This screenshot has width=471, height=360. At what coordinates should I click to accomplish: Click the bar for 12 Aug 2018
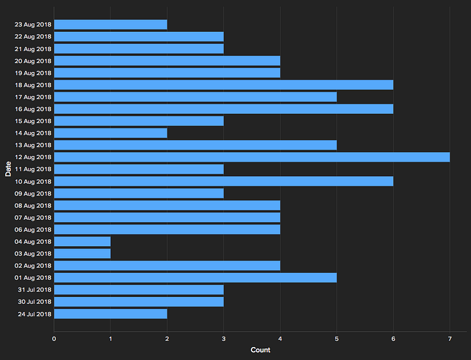point(252,157)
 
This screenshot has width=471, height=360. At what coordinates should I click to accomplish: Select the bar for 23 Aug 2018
point(111,25)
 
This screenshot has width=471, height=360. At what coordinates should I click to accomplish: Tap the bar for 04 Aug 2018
point(82,242)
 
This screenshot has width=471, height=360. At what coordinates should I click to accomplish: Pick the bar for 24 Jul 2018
point(111,314)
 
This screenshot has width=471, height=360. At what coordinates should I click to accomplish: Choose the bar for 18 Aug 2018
point(224,85)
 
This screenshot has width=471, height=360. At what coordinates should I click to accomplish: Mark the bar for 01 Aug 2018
point(195,278)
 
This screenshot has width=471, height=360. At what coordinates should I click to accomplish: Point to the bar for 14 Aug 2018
point(111,133)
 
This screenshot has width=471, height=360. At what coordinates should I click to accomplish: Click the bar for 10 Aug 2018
point(224,181)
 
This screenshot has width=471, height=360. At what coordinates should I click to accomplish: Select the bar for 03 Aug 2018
point(82,253)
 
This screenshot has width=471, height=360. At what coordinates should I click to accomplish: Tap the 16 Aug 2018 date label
point(33,109)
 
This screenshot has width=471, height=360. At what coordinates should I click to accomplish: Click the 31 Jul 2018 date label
point(35,290)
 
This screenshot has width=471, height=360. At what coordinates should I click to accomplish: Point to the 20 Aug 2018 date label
point(33,61)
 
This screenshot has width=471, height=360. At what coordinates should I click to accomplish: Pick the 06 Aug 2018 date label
point(33,230)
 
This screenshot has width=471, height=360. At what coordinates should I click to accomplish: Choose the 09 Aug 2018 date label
point(33,193)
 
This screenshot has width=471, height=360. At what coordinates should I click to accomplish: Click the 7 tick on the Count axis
point(450,339)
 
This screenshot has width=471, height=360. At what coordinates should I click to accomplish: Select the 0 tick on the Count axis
point(54,339)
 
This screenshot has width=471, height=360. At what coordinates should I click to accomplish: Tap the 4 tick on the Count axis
point(280,339)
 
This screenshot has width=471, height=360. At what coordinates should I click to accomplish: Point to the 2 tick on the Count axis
point(167,339)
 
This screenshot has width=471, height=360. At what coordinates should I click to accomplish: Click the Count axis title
point(260,350)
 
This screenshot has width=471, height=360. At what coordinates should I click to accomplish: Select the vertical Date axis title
point(8,169)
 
